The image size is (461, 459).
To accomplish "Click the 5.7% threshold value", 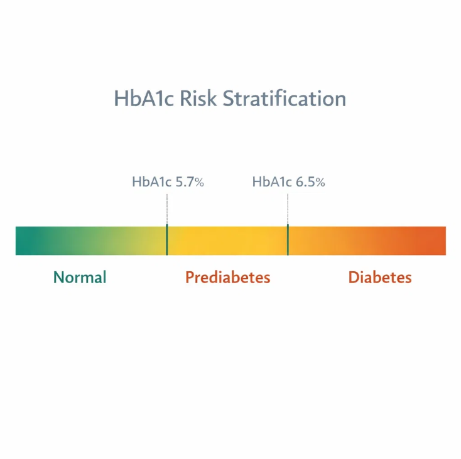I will (x=190, y=182).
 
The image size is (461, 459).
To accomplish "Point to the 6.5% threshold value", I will (x=310, y=182).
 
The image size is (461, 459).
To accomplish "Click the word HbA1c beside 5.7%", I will (x=151, y=182).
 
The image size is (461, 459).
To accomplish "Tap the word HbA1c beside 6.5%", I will (x=272, y=182).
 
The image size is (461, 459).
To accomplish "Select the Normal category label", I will (x=80, y=277).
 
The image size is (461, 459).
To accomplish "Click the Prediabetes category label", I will (x=227, y=277).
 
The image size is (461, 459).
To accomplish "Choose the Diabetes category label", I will (x=380, y=277).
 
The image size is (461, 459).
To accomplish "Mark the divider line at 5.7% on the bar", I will (x=166, y=240).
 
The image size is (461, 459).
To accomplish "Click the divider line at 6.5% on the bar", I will (x=288, y=240).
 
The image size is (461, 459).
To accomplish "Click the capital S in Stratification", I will (x=229, y=99).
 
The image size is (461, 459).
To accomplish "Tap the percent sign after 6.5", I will (x=320, y=183).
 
